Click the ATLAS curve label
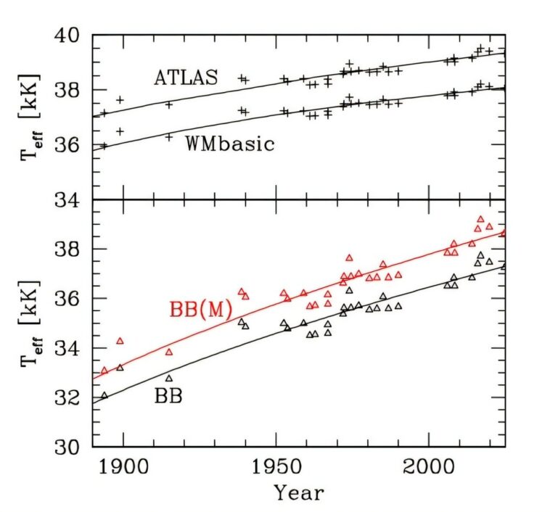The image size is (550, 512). pos(186,78)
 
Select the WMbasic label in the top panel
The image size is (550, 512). pos(230,143)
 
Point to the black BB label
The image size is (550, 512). pos(168,396)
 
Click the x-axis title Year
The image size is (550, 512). pos(299,493)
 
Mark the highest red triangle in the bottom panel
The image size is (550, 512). pos(480,219)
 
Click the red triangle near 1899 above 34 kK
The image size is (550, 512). pos(120,341)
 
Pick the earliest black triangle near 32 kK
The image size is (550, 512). pos(104,396)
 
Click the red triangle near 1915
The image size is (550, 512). pos(169,352)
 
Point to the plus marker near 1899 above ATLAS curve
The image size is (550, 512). pos(120,99)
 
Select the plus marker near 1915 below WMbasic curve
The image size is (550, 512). pos(169,136)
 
